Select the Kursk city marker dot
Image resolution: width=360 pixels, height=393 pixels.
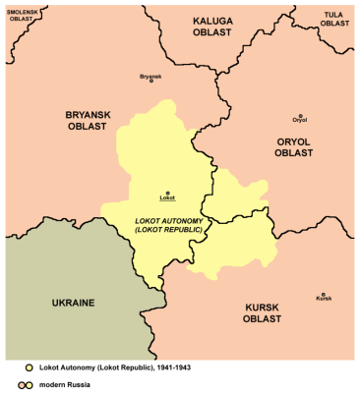[x=323, y=292]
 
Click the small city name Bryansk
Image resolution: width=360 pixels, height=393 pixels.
[x=150, y=76]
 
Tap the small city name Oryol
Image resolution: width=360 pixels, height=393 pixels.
[x=300, y=122]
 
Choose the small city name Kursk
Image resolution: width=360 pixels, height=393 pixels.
[x=323, y=299]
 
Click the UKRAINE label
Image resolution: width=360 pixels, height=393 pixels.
[x=61, y=303]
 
